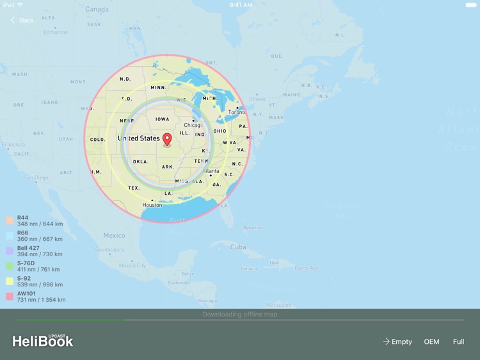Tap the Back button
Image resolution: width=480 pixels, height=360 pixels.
click(22, 20)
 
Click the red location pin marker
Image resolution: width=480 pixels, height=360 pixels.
click(167, 139)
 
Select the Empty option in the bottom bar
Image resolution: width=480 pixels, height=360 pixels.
click(397, 341)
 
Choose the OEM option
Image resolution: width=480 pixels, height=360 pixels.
click(432, 341)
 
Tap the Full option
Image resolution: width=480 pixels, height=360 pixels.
click(458, 341)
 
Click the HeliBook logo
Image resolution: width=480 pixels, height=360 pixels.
click(43, 341)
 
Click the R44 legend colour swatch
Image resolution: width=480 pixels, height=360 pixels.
click(10, 221)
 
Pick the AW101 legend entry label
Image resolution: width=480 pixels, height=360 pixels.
click(27, 294)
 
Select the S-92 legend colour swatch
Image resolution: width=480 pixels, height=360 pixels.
click(10, 281)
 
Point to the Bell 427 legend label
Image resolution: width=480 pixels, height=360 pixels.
click(28, 249)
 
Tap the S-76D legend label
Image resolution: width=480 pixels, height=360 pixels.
click(26, 263)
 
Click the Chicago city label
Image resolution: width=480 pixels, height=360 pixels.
click(192, 125)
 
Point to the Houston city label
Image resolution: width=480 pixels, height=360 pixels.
click(152, 205)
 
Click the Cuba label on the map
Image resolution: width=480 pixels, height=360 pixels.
click(238, 247)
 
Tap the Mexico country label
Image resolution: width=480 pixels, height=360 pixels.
click(114, 236)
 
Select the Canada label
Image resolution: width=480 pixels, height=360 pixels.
click(97, 10)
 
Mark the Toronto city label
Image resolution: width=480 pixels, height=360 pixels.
click(237, 112)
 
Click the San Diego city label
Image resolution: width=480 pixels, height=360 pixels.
click(36, 177)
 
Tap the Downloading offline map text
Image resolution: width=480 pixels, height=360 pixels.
click(240, 315)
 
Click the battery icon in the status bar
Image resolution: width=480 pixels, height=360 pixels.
click(470, 4)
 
